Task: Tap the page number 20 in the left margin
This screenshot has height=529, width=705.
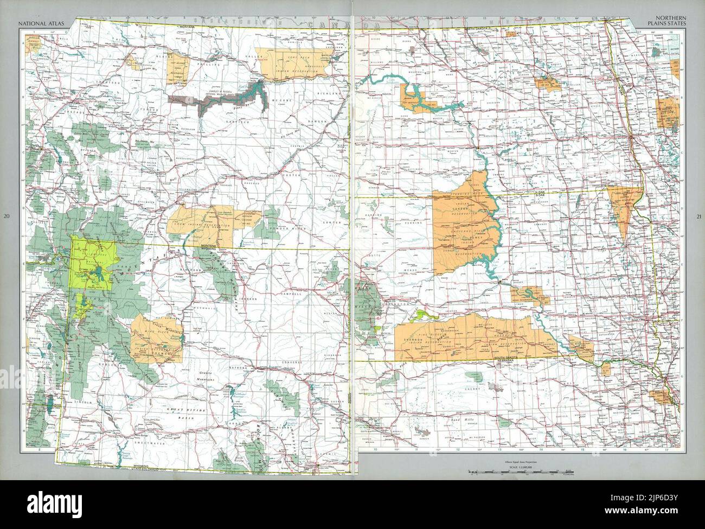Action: tap(6, 217)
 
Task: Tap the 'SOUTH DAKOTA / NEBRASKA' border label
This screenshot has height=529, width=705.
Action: tap(511, 362)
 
